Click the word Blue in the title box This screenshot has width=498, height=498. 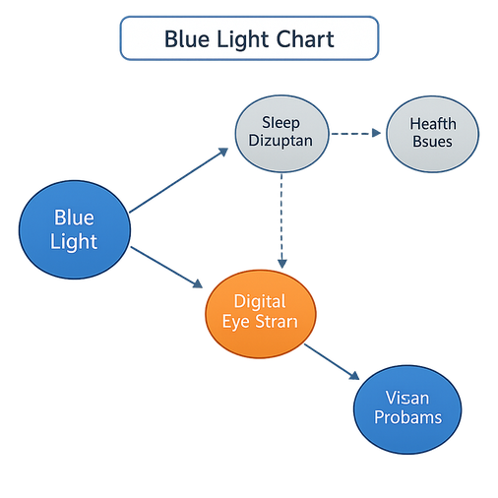point(185,40)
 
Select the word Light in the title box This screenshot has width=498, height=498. point(241,40)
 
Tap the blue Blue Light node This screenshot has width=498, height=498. point(75,228)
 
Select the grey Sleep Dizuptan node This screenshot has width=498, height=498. point(280,131)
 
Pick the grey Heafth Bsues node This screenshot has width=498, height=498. point(431,132)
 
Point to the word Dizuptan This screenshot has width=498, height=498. point(280,142)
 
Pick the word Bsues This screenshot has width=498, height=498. point(431,142)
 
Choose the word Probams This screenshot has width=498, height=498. point(405,417)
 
